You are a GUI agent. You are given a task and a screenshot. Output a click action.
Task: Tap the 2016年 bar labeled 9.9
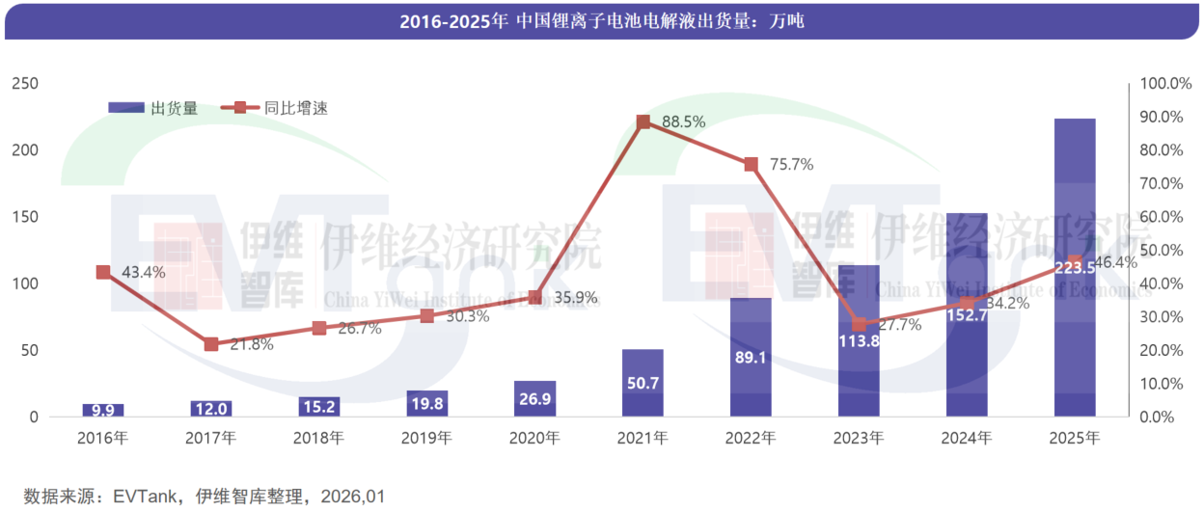point(103,410)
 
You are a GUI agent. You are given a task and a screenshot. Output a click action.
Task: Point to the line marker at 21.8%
point(211,344)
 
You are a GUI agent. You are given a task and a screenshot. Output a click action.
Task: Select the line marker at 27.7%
point(859,324)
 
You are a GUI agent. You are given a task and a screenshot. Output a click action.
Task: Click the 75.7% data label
point(792,165)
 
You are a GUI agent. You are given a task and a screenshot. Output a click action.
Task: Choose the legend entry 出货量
point(154,108)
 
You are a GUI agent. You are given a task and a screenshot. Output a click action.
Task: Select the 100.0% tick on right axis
point(1166,84)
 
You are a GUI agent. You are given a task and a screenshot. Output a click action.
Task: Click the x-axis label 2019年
point(426,439)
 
